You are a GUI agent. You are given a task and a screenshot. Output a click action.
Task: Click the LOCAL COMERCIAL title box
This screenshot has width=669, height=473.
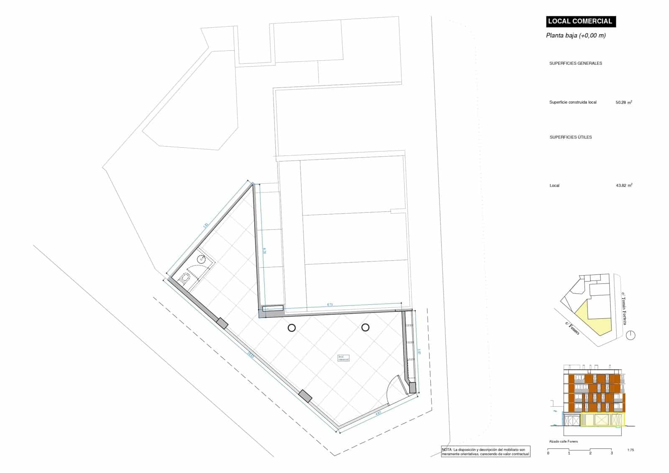tap(580, 21)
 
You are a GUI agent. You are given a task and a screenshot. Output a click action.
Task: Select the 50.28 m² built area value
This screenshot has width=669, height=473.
tap(624, 102)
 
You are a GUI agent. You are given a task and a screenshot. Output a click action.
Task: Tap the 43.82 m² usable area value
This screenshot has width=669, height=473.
tap(624, 186)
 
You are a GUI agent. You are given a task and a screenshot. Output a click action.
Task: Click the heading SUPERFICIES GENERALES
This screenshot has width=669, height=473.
tap(575, 64)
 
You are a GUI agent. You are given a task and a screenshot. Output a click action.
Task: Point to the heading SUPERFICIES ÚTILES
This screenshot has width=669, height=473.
tap(570, 137)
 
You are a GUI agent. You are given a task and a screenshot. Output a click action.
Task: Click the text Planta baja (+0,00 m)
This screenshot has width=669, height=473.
tap(575, 36)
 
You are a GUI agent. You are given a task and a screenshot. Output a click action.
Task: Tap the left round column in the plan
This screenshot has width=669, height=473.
tap(291, 328)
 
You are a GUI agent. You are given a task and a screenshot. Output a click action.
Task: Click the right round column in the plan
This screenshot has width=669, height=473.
tap(365, 327)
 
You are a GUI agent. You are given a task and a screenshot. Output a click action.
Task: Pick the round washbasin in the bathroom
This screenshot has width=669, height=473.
tap(202, 259)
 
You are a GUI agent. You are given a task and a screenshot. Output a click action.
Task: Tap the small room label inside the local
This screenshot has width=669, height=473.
tap(343, 358)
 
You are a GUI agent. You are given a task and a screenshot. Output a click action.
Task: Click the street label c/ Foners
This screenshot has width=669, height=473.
tap(572, 329)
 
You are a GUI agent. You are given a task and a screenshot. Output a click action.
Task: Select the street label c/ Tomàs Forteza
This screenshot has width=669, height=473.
tap(624, 309)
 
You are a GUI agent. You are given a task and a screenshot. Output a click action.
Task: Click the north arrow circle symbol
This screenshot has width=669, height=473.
tap(631, 335)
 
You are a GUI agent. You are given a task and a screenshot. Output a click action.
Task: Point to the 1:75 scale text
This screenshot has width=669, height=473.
tap(631, 450)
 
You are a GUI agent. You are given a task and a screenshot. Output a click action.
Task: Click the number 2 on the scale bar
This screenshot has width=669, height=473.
tap(590, 453)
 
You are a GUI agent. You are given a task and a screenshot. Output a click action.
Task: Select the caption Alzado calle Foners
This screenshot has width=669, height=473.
tap(563, 442)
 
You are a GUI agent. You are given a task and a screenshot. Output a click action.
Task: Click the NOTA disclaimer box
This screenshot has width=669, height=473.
tap(485, 452)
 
